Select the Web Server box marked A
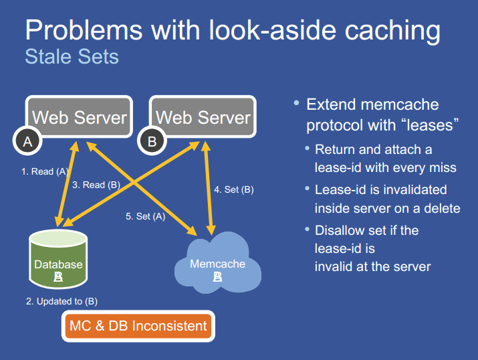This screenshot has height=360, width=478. [79, 118]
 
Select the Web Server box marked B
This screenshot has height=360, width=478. [203, 118]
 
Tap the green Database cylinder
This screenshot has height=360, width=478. [59, 260]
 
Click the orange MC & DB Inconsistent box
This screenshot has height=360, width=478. [138, 326]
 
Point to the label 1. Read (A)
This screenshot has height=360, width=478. [45, 172]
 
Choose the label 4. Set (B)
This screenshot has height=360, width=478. [234, 189]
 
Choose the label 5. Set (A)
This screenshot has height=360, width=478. [146, 216]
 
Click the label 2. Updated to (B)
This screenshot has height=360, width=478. [62, 301]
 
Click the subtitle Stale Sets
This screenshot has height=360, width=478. [72, 56]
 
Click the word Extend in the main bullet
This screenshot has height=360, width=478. [330, 104]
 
